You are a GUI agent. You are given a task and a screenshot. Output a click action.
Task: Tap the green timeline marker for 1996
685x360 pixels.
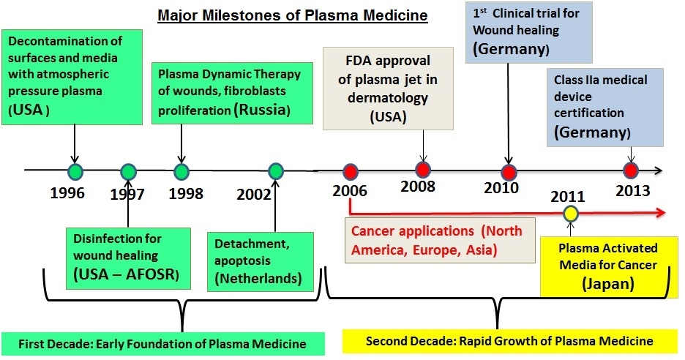coord(75,171)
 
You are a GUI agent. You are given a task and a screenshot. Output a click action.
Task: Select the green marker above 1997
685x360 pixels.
coord(129,172)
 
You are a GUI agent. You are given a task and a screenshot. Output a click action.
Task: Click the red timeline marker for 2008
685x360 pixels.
coord(422,170)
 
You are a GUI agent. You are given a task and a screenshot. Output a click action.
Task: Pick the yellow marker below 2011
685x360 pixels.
coord(569,213)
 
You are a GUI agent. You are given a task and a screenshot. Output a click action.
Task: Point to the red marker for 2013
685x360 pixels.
coord(630,170)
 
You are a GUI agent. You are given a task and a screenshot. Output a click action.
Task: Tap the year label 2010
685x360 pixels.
coord(501,188)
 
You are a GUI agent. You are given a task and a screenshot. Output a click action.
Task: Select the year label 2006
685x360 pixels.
coord(350,192)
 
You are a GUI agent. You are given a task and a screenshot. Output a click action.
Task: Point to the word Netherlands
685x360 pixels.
coord(253,280)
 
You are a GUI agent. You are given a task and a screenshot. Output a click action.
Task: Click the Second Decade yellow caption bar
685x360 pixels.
coord(509,341)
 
